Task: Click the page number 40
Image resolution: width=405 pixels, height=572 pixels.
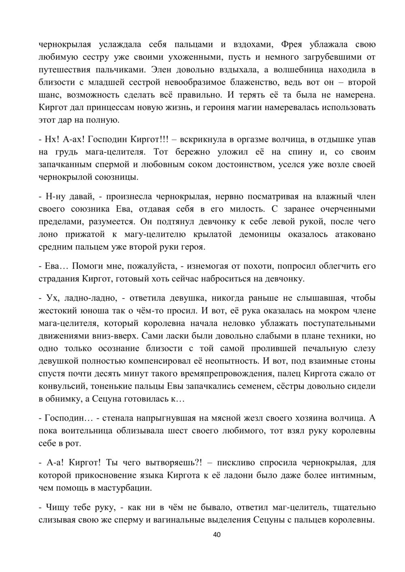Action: tap(217, 535)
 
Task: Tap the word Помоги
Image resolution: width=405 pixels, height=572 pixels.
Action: tap(93, 266)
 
